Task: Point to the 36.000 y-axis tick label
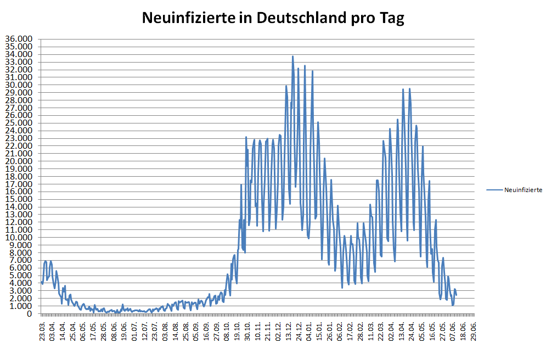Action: (19, 40)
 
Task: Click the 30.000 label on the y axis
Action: (19, 85)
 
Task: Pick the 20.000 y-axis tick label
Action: (19, 161)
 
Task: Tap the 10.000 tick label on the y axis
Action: (19, 238)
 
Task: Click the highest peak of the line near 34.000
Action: (292, 57)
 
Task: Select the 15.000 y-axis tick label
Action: (19, 199)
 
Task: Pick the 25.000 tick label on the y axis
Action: (19, 123)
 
